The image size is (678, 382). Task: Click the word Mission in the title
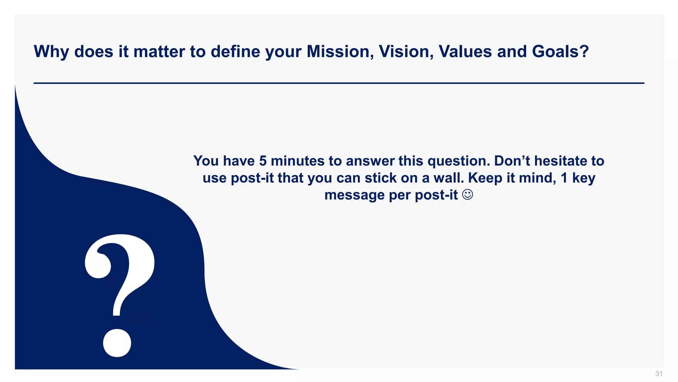(340, 52)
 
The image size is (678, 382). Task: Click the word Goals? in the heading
(560, 52)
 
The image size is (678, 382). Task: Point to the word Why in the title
(51, 52)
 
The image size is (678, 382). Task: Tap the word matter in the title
(159, 52)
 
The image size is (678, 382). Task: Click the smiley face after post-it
(467, 195)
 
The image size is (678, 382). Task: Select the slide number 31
(659, 374)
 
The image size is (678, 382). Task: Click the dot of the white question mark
(117, 343)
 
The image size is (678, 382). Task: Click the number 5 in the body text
(263, 161)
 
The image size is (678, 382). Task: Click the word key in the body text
(584, 178)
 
